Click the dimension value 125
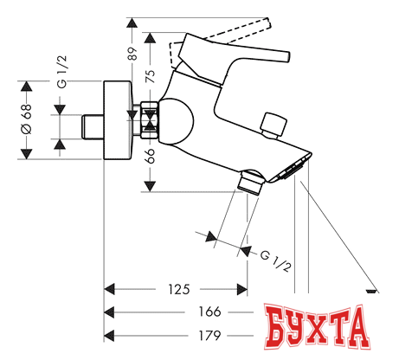179,289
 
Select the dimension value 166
209,312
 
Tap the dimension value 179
209,336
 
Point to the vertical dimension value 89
132,54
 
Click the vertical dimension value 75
150,76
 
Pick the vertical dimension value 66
151,156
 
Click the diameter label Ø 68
27,119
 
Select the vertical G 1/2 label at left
61,72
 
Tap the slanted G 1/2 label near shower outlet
275,261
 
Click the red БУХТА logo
318,326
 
